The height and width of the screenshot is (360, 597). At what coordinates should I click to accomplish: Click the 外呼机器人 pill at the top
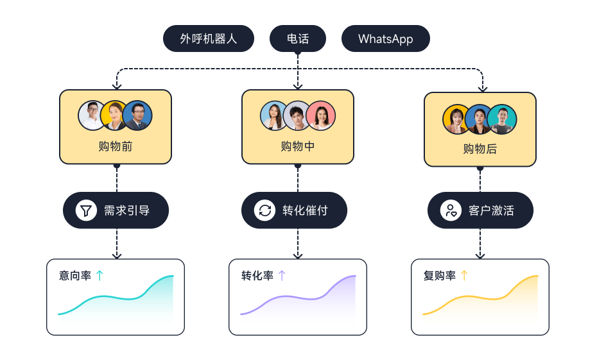209,39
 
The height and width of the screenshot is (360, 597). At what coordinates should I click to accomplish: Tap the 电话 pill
298,39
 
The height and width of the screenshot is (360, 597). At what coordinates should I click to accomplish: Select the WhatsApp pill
385,39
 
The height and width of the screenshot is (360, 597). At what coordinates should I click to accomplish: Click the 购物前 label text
116,146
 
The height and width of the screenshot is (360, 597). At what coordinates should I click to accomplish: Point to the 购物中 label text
298,146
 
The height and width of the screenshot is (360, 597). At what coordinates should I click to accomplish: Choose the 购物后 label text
480,150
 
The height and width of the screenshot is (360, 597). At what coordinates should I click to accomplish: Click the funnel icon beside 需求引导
85,210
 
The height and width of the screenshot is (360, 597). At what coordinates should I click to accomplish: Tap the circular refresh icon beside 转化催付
264,210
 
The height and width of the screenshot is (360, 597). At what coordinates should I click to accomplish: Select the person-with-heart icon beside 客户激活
451,210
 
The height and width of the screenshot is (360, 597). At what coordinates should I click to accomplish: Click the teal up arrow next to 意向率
99,276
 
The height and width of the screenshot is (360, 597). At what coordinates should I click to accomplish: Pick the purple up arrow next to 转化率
282,276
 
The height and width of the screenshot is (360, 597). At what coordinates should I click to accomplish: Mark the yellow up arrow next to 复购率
464,276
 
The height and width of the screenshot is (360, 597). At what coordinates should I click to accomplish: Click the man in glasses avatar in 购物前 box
138,116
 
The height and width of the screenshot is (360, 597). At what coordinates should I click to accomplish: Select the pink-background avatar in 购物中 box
321,116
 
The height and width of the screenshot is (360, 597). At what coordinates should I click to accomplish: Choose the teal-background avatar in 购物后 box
502,119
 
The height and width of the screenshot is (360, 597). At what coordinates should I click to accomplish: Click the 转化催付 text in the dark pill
305,210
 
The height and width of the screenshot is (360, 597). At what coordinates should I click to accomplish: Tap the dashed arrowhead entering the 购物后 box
483,88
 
